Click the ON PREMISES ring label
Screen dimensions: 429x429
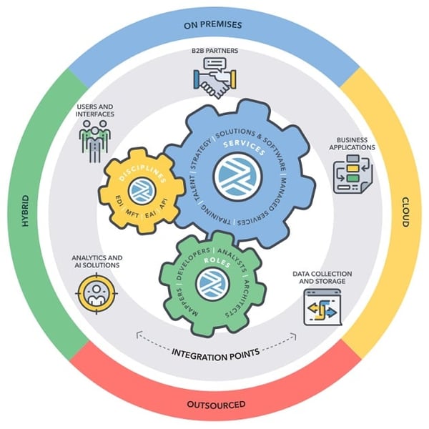(x=213, y=25)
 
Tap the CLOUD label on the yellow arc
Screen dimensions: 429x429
(x=405, y=212)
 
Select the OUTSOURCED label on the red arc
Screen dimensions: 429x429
(x=216, y=405)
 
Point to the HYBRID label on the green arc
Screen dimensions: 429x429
(x=25, y=211)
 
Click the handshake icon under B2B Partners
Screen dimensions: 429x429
(x=214, y=78)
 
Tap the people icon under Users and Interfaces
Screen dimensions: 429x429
(x=94, y=141)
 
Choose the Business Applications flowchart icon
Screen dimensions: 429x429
(x=352, y=174)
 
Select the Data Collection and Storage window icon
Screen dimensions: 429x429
(x=322, y=307)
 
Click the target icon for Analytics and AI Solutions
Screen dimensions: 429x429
(x=97, y=293)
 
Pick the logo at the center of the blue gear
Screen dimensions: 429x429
(x=238, y=177)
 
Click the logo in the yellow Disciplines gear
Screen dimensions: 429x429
(x=142, y=191)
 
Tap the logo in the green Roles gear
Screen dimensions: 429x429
(x=213, y=284)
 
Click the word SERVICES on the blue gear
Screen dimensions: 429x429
(x=244, y=148)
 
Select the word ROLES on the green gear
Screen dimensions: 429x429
(x=217, y=262)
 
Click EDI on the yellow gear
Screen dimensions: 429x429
(x=120, y=202)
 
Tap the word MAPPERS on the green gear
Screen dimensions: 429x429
(x=187, y=303)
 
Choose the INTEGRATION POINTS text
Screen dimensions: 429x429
(x=216, y=354)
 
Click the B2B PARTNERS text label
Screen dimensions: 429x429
(x=214, y=51)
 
